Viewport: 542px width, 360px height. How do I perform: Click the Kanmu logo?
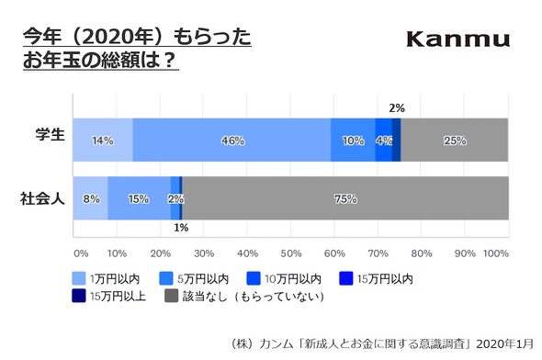coord(458,39)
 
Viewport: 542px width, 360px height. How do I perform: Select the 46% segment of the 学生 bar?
coord(231,141)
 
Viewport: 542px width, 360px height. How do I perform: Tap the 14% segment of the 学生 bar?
coord(102,141)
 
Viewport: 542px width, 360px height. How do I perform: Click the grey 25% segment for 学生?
coord(454,141)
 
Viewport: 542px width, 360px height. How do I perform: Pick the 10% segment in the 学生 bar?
coord(353,141)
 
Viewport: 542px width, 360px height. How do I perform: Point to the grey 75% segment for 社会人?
coord(345,197)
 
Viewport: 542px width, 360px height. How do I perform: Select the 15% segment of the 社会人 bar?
coord(139,197)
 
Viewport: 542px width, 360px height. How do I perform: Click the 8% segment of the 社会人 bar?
coord(90,197)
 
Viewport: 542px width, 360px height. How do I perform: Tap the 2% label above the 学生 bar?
coord(397,108)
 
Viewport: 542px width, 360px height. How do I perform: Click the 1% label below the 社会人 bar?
coord(180,227)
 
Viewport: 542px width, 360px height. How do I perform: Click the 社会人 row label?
coord(43,197)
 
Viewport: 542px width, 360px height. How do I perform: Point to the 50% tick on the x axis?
coord(290,253)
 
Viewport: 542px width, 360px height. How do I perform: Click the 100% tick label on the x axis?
coord(495,253)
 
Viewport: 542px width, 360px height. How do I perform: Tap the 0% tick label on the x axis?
coord(80,253)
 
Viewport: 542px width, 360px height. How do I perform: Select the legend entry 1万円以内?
coord(108,277)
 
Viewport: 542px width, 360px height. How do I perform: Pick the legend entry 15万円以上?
coord(108,296)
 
